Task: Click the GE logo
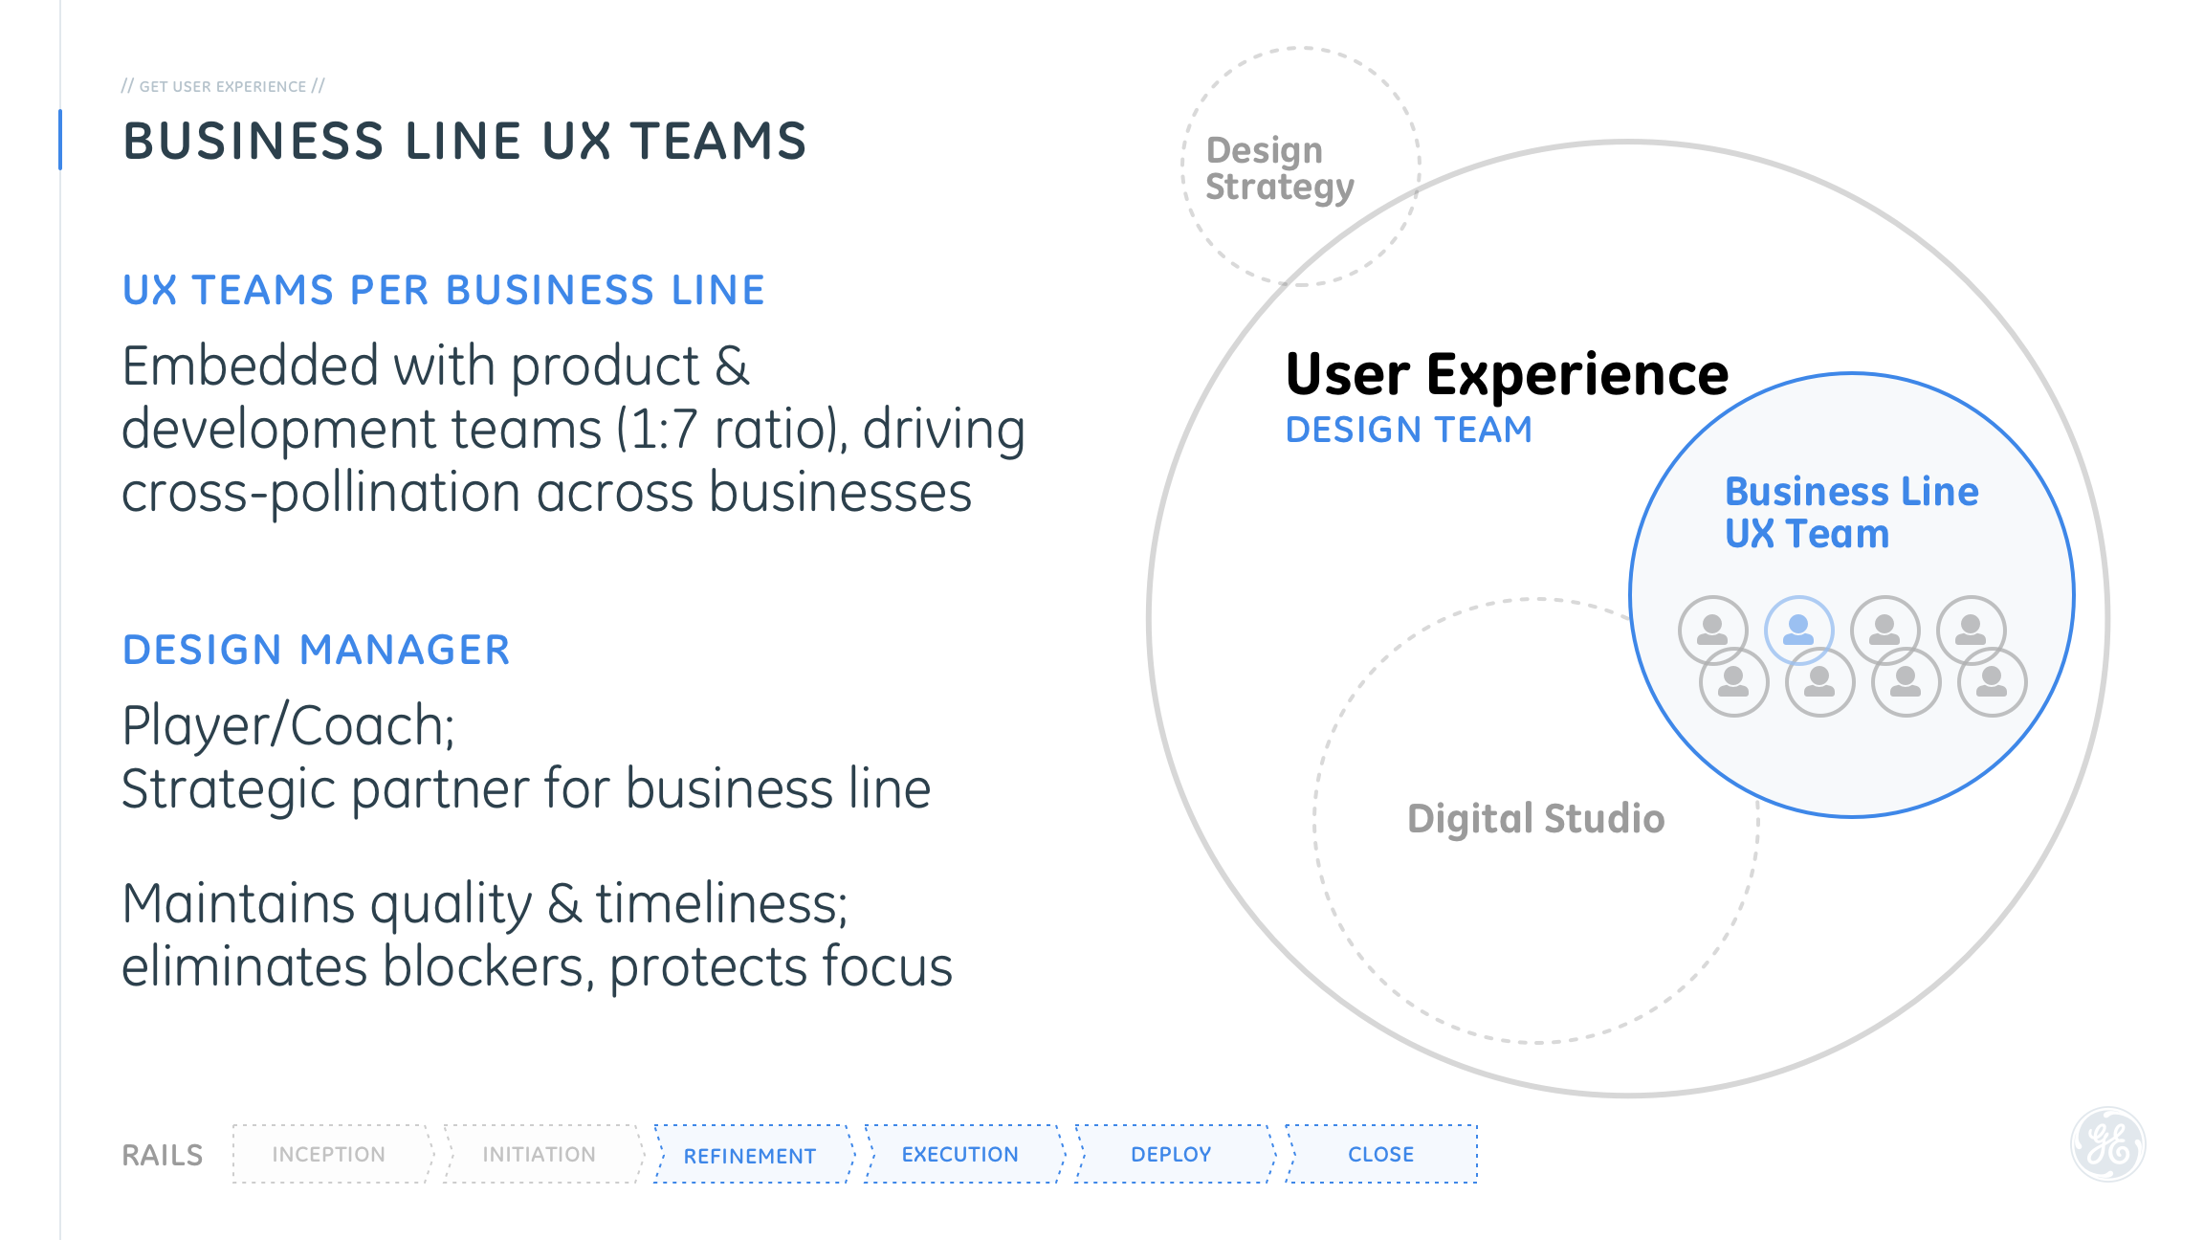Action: pyautogui.click(x=2107, y=1144)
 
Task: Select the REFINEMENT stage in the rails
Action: pyautogui.click(x=751, y=1155)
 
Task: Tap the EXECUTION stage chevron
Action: pyautogui.click(x=960, y=1154)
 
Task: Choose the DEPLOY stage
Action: pyautogui.click(x=1171, y=1154)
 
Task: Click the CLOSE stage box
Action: pyautogui.click(x=1380, y=1154)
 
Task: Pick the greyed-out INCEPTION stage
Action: pyautogui.click(x=329, y=1154)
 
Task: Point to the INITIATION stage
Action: pyautogui.click(x=540, y=1154)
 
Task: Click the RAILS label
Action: pyautogui.click(x=163, y=1155)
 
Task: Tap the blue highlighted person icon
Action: pyautogui.click(x=1798, y=630)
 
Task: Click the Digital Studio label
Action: pyautogui.click(x=1536, y=819)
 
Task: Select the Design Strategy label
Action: pyautogui.click(x=1279, y=168)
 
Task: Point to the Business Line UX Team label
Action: pyautogui.click(x=1851, y=513)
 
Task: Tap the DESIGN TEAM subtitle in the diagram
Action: pyautogui.click(x=1408, y=430)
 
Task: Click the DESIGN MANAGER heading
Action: pyautogui.click(x=317, y=650)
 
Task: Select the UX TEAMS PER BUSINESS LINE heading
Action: pyautogui.click(x=444, y=290)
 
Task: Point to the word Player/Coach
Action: pyautogui.click(x=288, y=725)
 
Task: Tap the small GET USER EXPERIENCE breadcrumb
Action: pyautogui.click(x=223, y=86)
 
